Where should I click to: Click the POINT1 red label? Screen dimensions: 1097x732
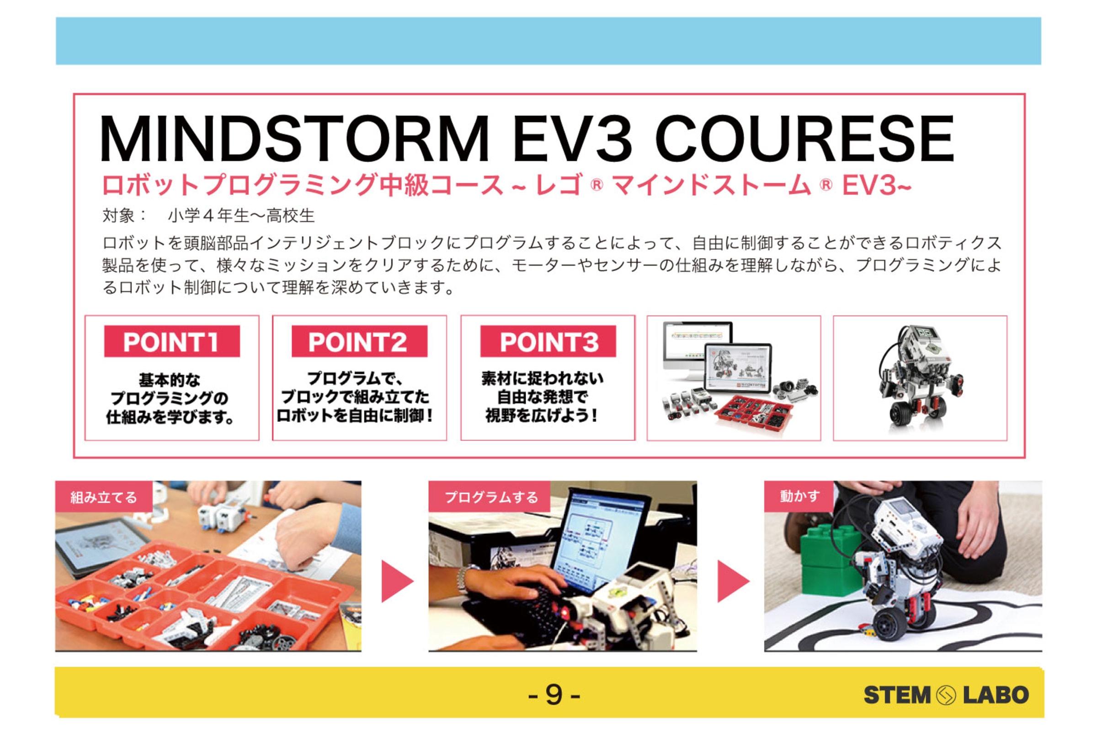172,341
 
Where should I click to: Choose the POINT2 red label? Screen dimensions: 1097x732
359,341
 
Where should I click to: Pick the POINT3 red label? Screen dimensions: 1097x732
548,341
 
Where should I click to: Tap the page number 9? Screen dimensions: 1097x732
554,694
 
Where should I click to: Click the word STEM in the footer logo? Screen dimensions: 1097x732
897,695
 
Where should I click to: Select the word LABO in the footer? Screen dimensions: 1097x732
996,695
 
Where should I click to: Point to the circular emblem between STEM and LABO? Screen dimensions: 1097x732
946,695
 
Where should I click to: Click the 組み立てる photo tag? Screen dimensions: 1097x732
104,497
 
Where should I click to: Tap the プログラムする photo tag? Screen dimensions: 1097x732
489,497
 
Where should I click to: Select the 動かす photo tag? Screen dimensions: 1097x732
799,496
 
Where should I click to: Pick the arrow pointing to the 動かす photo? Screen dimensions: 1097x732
733,581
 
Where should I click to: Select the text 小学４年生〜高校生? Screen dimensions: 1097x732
241,215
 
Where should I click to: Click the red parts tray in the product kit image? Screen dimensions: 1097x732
753,411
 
